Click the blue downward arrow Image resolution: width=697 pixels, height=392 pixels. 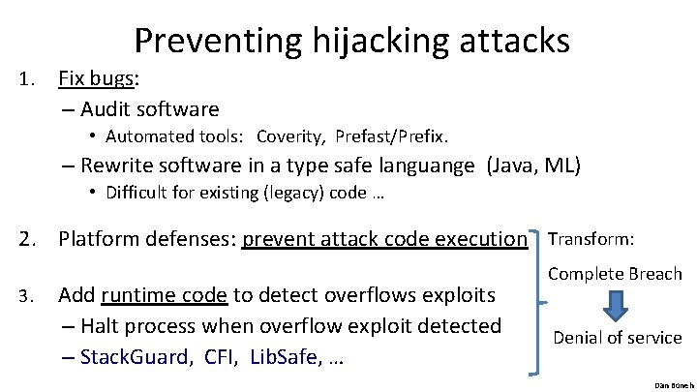click(x=616, y=305)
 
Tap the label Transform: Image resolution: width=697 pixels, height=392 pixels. click(x=591, y=238)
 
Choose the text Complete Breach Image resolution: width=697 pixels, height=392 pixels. click(x=615, y=274)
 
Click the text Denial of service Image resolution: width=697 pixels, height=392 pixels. click(x=617, y=338)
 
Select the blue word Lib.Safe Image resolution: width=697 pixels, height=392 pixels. click(x=285, y=357)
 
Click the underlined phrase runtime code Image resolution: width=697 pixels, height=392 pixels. click(x=164, y=294)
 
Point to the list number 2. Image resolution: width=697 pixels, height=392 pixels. click(x=26, y=238)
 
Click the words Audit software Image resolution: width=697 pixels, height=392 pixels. click(x=149, y=108)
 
